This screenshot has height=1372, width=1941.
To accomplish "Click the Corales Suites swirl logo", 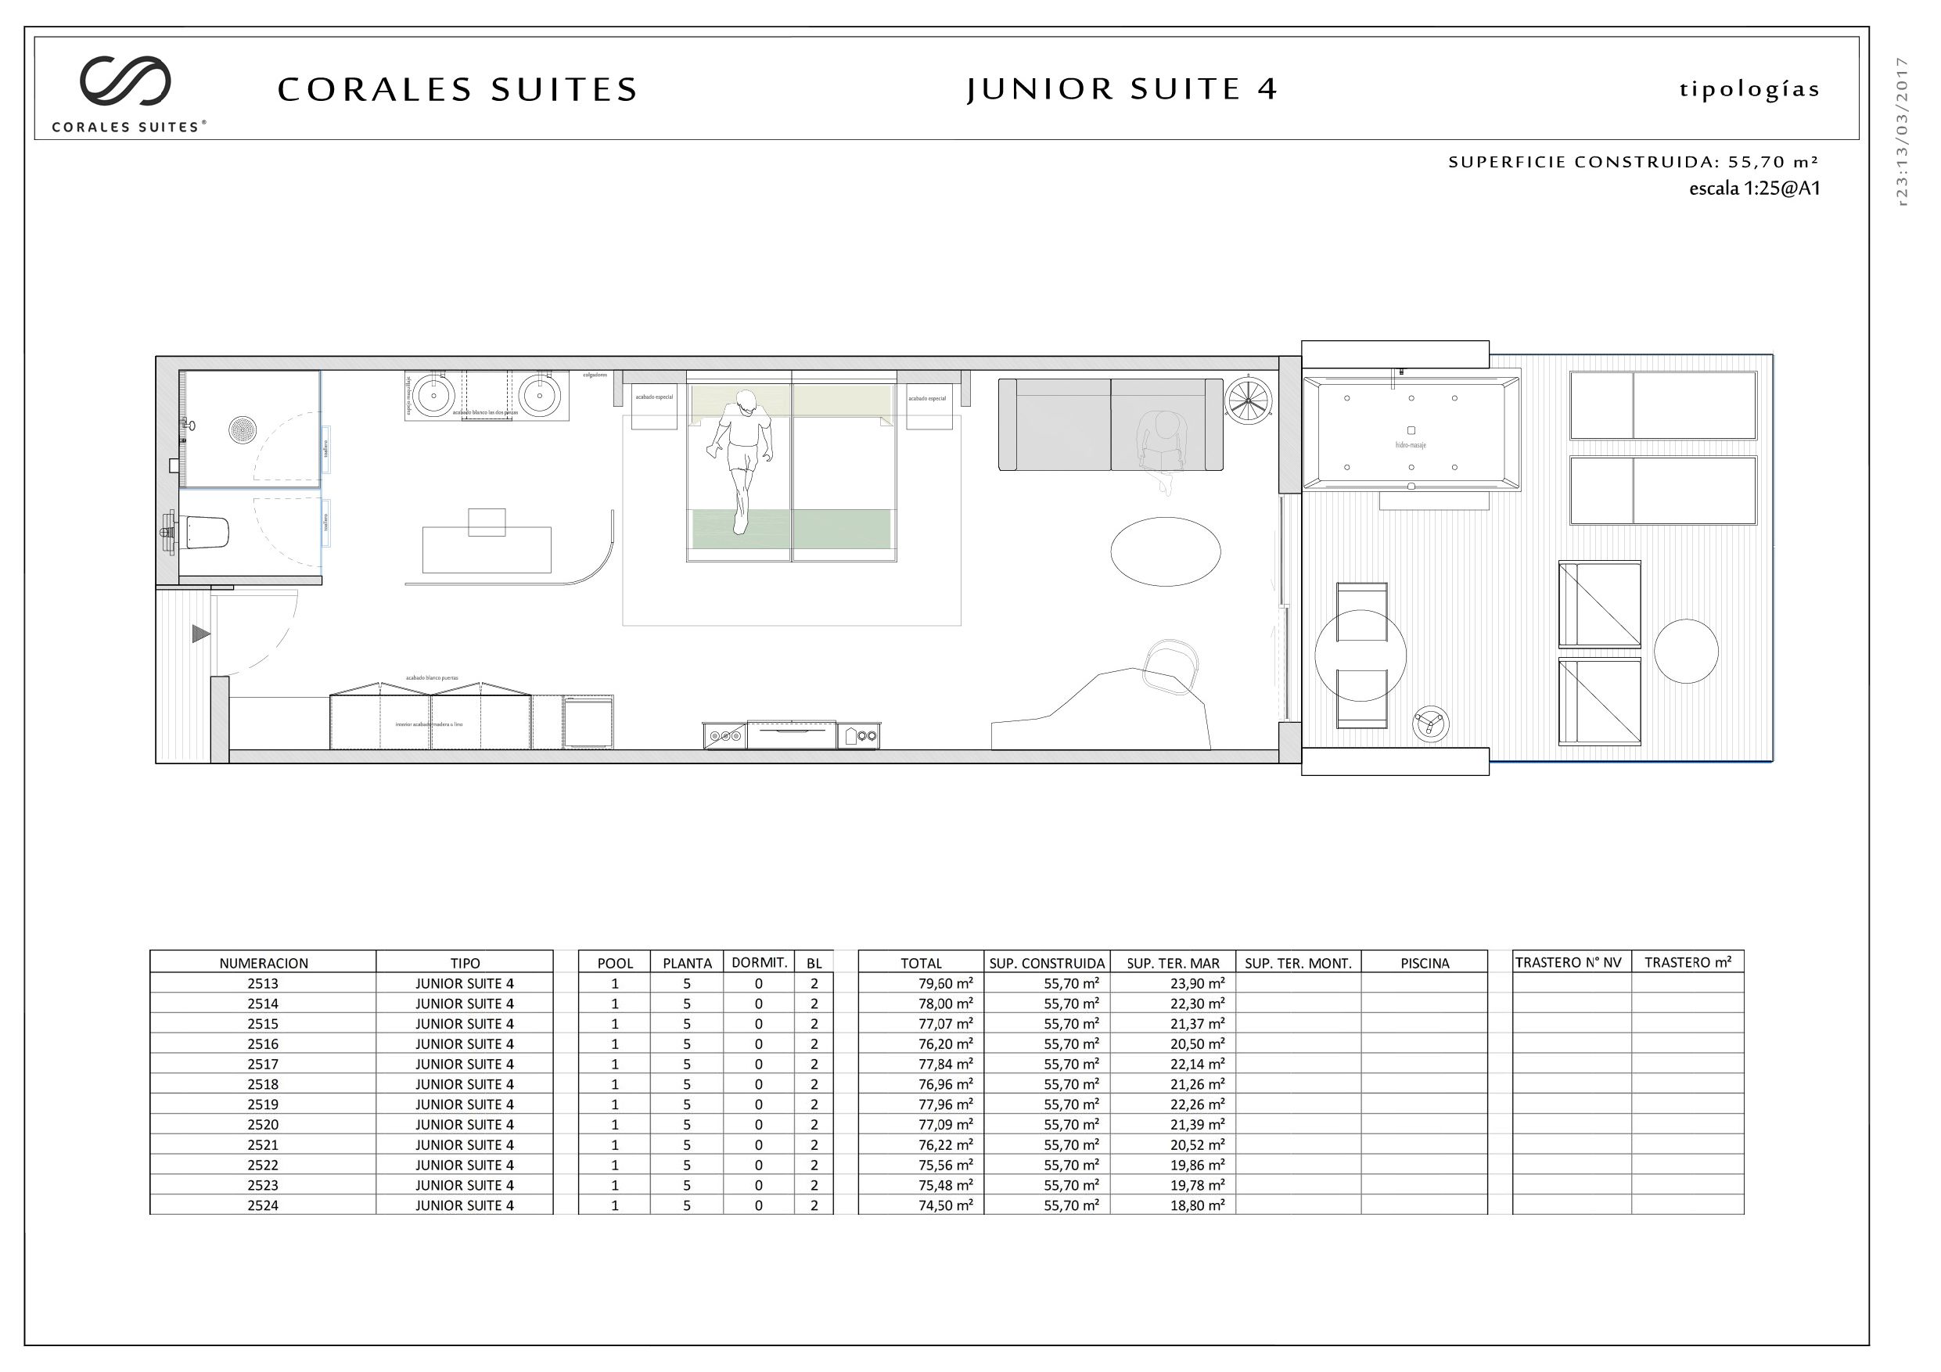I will tap(125, 81).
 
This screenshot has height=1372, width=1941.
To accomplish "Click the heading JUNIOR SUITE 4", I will tap(1122, 88).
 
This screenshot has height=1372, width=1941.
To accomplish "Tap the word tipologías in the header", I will tap(1749, 90).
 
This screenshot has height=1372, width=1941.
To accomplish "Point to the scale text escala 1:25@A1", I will tap(1754, 189).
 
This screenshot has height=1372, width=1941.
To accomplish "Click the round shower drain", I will tap(243, 429).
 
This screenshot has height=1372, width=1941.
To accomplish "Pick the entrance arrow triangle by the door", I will tap(200, 633).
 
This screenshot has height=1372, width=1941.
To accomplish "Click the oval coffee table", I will tap(1165, 551).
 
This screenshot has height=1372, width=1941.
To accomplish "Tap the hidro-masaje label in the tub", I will tap(1410, 444).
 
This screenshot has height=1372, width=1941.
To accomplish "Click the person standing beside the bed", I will tap(742, 458).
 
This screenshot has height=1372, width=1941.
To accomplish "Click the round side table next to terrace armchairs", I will tap(1686, 651).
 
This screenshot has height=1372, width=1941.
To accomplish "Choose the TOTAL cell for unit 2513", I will tap(945, 983).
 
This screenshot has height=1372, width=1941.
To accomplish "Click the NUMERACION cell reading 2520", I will tap(263, 1124).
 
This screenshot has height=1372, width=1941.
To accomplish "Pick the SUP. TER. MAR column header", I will tap(1173, 963).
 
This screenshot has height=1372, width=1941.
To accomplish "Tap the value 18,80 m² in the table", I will tap(1196, 1205).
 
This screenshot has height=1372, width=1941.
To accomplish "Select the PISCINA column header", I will tap(1425, 963).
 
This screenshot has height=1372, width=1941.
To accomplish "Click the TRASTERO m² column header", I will tap(1688, 962).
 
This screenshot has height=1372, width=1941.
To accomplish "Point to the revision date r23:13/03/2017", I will tap(1902, 131).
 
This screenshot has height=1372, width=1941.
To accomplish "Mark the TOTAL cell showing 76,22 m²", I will tap(945, 1144).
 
